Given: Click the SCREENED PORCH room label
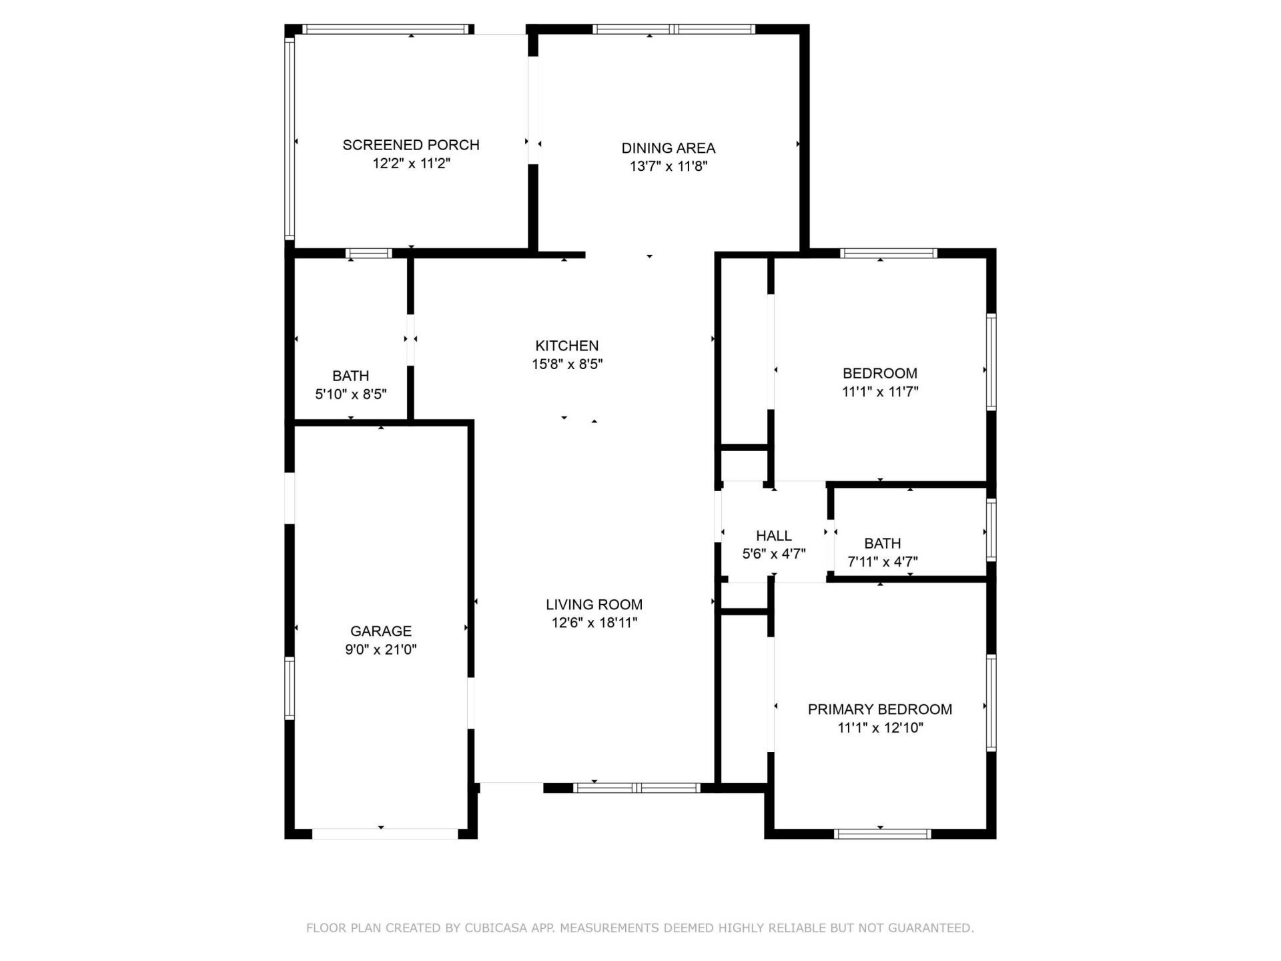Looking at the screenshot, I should tap(411, 145).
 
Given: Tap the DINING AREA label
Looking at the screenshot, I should tap(668, 148).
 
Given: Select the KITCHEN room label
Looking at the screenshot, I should tap(566, 346).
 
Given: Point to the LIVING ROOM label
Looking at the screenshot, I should tap(594, 605).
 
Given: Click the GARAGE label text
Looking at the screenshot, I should tap(381, 631).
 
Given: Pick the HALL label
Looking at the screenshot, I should tap(774, 535).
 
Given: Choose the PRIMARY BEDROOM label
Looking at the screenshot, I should tap(879, 709).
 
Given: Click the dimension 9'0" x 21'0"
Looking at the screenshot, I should tap(381, 649).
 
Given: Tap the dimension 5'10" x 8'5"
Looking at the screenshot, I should tap(351, 394).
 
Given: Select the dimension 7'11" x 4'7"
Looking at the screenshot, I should tap(882, 562).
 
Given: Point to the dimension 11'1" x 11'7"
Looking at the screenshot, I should tap(880, 392).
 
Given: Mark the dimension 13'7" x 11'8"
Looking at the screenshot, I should tap(668, 166).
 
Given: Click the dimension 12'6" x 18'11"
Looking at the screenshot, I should tap(594, 623).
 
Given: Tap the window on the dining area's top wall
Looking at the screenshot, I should tap(674, 29).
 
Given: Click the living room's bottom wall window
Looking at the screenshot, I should tap(636, 788).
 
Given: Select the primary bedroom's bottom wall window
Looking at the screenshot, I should tap(882, 834).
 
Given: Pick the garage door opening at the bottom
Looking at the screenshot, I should tap(385, 834).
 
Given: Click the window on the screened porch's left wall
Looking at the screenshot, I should tap(290, 139).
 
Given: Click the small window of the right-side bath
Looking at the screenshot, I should tap(991, 530).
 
